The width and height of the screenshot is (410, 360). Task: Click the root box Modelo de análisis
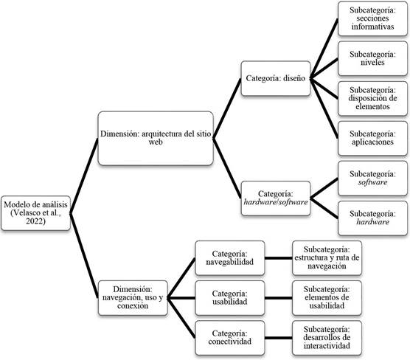(36, 213)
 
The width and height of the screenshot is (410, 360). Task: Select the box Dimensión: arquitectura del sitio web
(156, 138)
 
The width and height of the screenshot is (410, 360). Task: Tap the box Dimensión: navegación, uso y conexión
(133, 298)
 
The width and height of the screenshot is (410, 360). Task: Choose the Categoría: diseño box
(276, 78)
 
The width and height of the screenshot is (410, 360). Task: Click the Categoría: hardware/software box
(276, 198)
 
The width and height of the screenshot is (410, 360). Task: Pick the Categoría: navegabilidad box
(230, 258)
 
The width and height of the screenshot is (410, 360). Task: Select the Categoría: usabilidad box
(230, 298)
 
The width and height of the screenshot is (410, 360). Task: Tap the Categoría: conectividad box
(230, 338)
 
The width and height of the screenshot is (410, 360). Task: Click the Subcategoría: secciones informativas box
(372, 18)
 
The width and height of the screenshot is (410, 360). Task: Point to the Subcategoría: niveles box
(372, 58)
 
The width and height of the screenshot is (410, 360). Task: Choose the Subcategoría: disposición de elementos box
(372, 98)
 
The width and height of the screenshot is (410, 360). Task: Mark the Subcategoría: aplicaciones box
(372, 138)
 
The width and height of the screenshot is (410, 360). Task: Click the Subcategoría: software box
(372, 179)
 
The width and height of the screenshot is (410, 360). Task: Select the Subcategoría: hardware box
(372, 218)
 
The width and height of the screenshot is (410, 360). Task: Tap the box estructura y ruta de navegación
(327, 258)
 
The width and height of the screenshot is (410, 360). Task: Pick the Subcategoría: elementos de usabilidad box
(327, 298)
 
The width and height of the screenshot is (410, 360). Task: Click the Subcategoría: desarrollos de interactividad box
(327, 338)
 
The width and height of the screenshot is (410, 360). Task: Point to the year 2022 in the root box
(35, 221)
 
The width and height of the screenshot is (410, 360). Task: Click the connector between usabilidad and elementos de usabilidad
(279, 298)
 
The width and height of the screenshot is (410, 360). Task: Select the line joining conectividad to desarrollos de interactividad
(279, 338)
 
